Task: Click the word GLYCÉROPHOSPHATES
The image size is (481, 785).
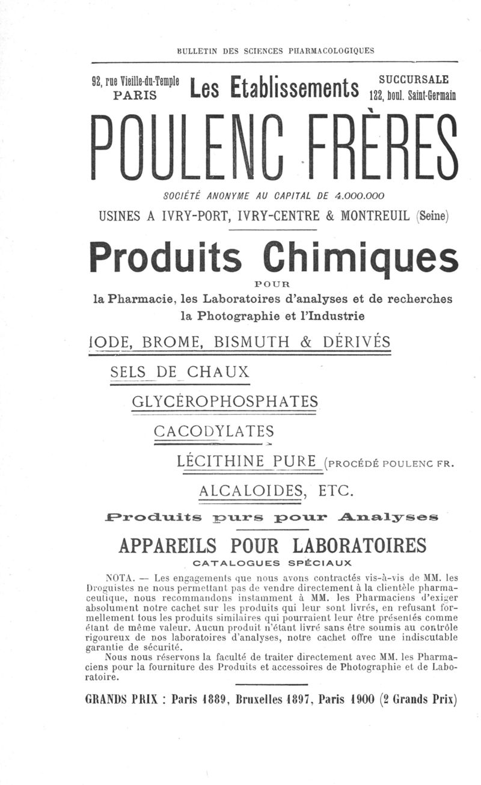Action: click(x=224, y=401)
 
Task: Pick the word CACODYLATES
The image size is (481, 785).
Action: click(x=213, y=431)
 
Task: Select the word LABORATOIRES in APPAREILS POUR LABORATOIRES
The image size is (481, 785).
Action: click(x=360, y=545)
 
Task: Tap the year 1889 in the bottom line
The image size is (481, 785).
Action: click(x=213, y=699)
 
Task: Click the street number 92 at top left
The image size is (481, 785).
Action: click(x=97, y=82)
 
